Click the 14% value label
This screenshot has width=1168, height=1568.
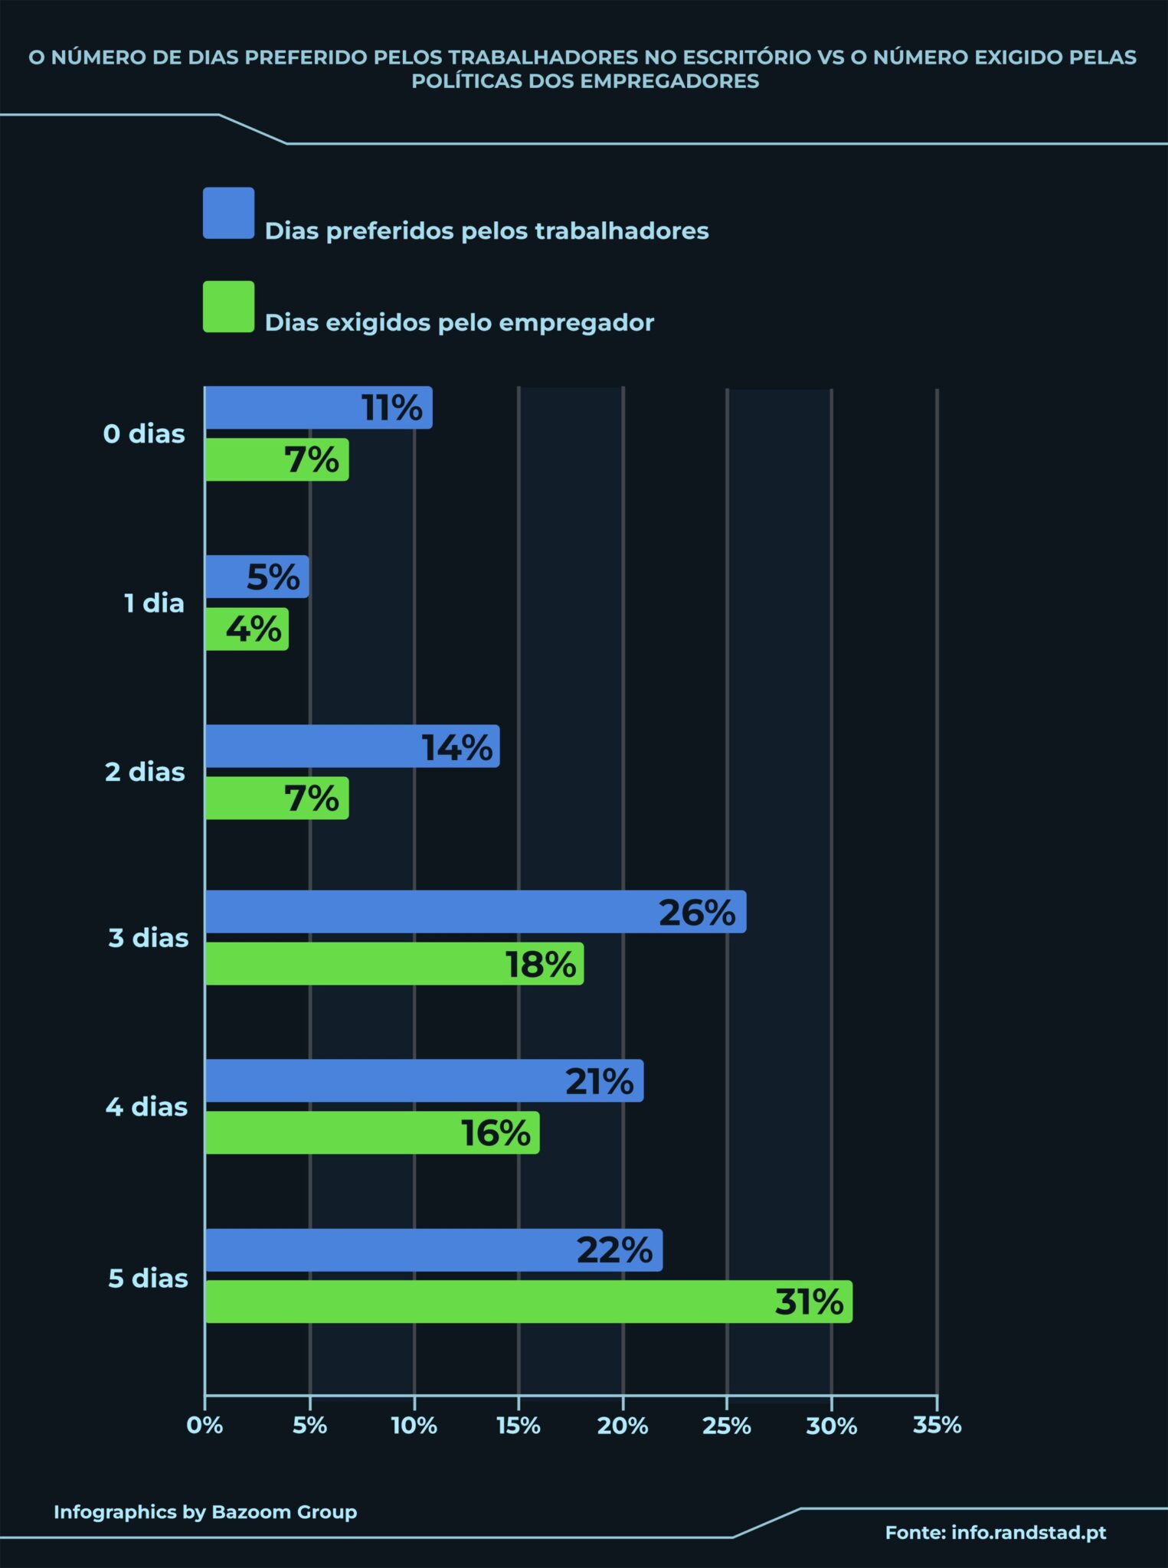tap(457, 747)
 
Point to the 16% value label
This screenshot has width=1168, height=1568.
tap(496, 1133)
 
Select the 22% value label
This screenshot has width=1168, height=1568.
tap(614, 1250)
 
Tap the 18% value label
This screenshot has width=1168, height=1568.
tap(541, 964)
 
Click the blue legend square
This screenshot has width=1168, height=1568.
tap(228, 213)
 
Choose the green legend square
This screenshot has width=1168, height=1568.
tap(228, 306)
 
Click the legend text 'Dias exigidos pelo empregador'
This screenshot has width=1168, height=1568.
tap(460, 322)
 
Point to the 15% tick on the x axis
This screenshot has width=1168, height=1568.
tap(519, 1426)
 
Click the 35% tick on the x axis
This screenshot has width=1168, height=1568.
tap(937, 1425)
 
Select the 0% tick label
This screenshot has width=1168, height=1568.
tap(204, 1426)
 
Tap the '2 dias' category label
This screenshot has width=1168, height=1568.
tap(145, 772)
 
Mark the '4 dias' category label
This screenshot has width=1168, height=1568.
tap(146, 1107)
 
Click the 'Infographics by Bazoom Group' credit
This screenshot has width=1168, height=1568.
tap(205, 1512)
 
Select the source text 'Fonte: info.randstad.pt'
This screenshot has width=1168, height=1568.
tap(996, 1532)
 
